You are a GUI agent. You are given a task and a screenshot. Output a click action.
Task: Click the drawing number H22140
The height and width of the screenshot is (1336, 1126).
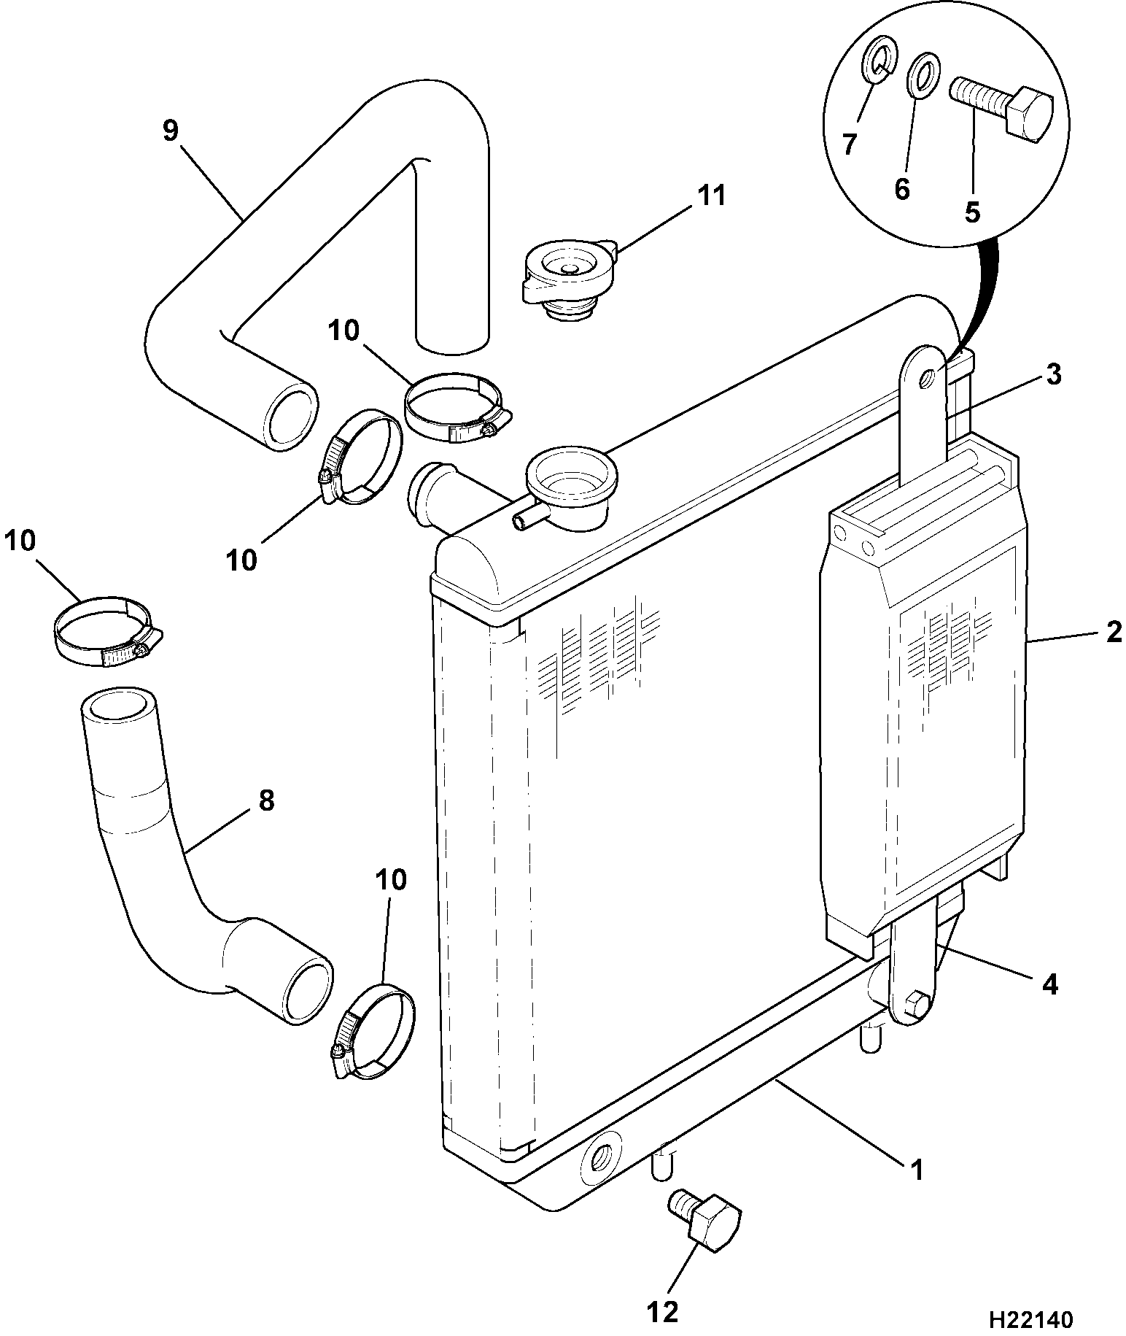(x=1030, y=1319)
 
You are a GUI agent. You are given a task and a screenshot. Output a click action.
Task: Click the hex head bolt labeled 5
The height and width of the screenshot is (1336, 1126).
(x=1001, y=110)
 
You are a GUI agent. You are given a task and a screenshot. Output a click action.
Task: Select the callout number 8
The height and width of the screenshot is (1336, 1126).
(x=266, y=800)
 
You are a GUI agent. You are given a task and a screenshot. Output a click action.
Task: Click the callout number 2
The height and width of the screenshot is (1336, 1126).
(x=1113, y=631)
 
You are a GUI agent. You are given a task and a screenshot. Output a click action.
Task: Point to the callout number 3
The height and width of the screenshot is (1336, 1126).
(x=1053, y=374)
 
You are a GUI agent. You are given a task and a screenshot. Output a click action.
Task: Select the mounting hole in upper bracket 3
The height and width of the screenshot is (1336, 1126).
(x=928, y=378)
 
